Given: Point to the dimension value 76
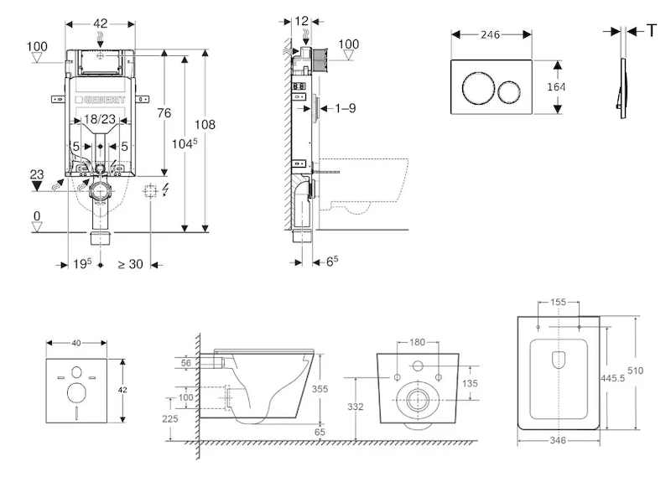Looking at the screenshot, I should click(x=164, y=113).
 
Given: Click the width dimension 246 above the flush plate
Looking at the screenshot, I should click(x=491, y=35).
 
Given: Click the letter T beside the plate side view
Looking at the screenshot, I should click(x=651, y=30).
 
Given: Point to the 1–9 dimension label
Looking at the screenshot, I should click(x=346, y=107).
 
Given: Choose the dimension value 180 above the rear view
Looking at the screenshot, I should click(x=418, y=342).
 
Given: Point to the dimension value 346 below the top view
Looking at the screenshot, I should click(x=558, y=440).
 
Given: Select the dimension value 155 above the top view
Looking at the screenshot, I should click(x=559, y=302).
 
